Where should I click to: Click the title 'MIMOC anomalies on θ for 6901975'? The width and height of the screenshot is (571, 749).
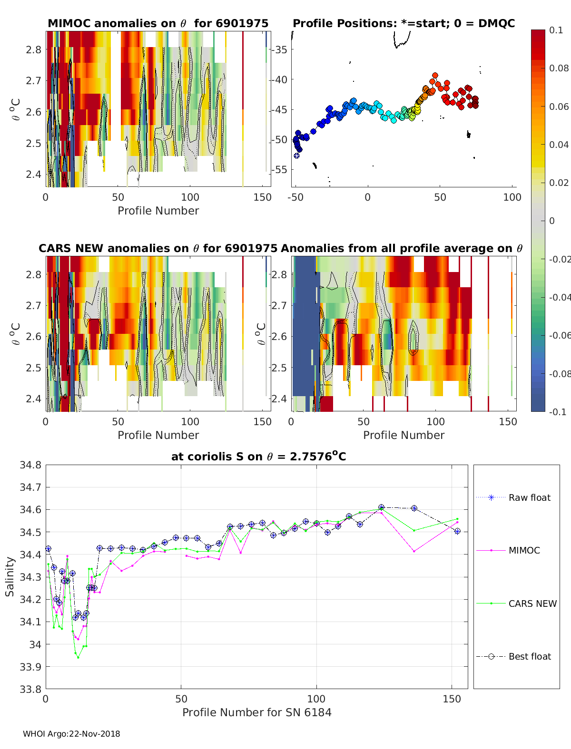pyautogui.click(x=158, y=23)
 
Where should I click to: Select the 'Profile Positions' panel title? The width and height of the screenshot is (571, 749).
pyautogui.click(x=404, y=23)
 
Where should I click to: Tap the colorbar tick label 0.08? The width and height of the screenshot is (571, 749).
pyautogui.click(x=559, y=68)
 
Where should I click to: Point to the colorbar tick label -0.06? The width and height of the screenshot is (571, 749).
pyautogui.click(x=559, y=335)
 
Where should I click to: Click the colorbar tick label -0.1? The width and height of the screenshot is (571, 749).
pyautogui.click(x=557, y=412)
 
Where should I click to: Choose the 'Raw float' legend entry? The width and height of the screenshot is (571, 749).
pyautogui.click(x=529, y=497)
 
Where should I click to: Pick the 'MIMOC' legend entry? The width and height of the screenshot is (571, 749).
pyautogui.click(x=524, y=550)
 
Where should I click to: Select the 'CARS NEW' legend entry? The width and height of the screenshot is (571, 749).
pyautogui.click(x=532, y=603)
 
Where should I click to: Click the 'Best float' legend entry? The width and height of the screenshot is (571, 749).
pyautogui.click(x=530, y=656)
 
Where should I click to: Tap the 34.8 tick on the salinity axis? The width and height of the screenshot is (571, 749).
pyautogui.click(x=30, y=465)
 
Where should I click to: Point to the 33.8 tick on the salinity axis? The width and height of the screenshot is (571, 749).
pyautogui.click(x=30, y=689)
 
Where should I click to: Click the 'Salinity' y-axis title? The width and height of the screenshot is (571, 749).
pyautogui.click(x=10, y=576)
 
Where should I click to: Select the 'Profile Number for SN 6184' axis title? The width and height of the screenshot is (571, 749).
pyautogui.click(x=256, y=712)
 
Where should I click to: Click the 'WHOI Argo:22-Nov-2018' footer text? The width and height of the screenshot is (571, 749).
pyautogui.click(x=71, y=734)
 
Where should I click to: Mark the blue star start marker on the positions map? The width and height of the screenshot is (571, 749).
pyautogui.click(x=296, y=156)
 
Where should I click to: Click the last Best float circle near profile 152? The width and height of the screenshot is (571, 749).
pyautogui.click(x=457, y=531)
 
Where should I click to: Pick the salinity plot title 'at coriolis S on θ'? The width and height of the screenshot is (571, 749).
pyautogui.click(x=258, y=457)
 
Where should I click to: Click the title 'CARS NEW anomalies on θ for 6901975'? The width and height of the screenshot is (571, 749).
pyautogui.click(x=158, y=248)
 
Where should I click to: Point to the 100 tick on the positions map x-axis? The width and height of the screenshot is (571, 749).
pyautogui.click(x=512, y=197)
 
